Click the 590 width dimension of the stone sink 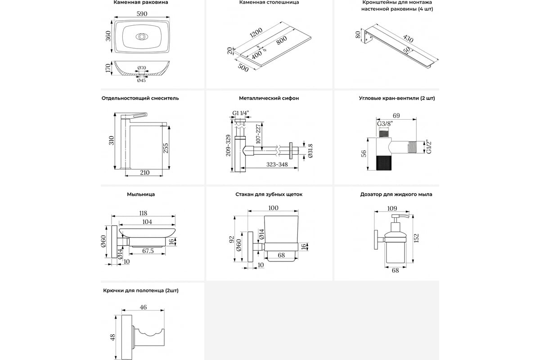(141, 14)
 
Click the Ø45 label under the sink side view (141, 81)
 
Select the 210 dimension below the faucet (145, 172)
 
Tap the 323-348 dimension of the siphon (277, 165)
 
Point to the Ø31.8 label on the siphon (310, 152)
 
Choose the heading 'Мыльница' (141, 194)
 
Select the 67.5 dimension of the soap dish (148, 251)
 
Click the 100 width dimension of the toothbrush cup (273, 208)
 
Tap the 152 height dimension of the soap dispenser (417, 237)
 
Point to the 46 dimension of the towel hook (143, 308)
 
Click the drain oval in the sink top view (141, 37)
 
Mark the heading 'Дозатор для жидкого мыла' (396, 194)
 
